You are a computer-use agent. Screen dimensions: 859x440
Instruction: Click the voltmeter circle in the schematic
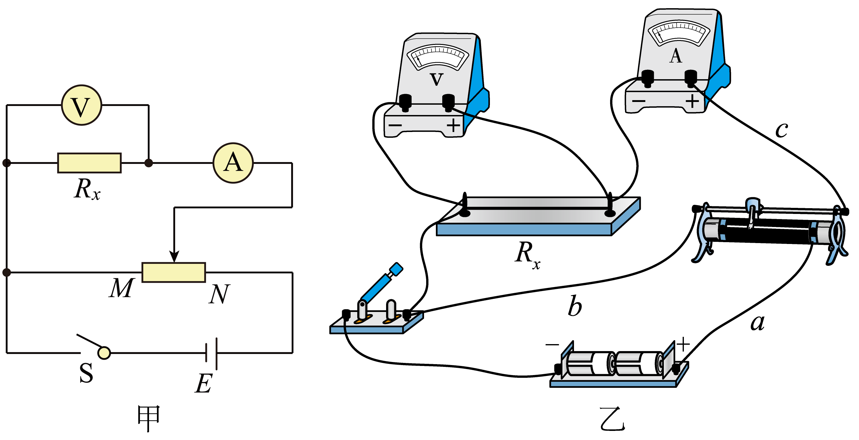(82, 105)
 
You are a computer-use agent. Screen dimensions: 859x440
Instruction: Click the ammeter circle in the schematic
(233, 163)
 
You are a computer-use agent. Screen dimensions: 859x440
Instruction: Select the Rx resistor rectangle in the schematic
(89, 163)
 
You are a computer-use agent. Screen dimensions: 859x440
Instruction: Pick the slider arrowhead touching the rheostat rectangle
(174, 257)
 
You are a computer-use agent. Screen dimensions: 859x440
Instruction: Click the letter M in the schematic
(122, 288)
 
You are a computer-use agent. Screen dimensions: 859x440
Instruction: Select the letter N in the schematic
(219, 294)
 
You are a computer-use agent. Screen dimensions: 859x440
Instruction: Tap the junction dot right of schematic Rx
(149, 163)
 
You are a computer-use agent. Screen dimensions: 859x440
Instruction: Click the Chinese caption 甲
(149, 419)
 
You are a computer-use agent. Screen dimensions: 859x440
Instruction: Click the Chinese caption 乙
(612, 419)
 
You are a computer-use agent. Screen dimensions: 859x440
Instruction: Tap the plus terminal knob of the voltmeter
(449, 103)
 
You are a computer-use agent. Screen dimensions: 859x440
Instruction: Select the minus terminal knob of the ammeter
(647, 78)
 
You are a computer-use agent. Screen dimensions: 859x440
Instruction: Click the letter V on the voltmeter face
(437, 79)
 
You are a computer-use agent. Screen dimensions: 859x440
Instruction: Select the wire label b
(575, 306)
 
